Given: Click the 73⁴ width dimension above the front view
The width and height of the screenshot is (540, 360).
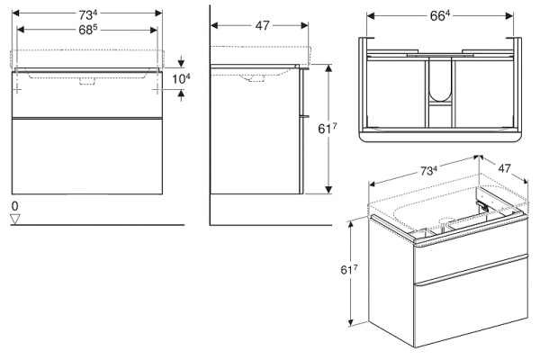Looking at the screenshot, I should coord(86,13).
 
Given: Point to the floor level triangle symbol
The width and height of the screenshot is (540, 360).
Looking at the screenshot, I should coord(15,220).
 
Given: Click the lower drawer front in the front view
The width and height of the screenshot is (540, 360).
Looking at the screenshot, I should coord(86,155).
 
